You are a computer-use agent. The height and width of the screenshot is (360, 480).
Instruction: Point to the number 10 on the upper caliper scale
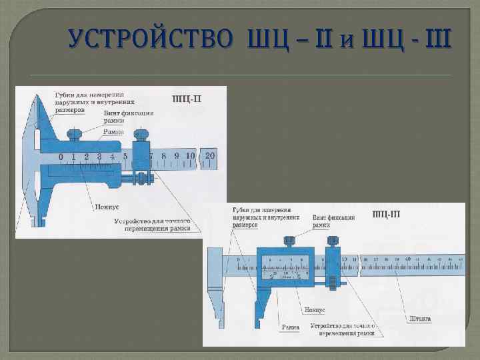(190, 156)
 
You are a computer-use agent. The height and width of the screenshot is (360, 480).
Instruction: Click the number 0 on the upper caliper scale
(61, 157)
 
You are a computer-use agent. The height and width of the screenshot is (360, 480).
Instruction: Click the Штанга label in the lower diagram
(420, 319)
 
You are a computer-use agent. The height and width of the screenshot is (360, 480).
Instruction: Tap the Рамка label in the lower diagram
(290, 327)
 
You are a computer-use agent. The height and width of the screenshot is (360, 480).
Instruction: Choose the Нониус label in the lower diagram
(314, 310)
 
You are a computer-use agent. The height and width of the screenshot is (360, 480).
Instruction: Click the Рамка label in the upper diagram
(113, 132)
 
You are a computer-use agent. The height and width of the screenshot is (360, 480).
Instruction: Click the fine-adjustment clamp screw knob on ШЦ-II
(140, 135)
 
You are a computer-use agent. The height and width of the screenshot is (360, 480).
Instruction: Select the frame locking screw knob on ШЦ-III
(289, 241)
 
